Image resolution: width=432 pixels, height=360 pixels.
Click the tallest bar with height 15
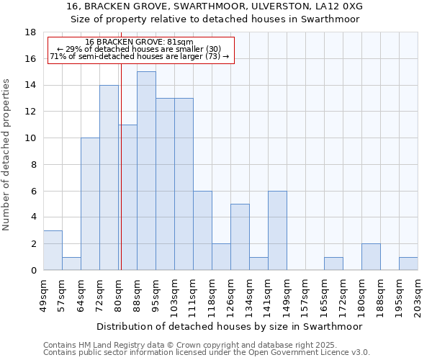click(x=146, y=171)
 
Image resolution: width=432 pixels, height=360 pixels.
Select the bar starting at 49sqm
click(x=53, y=251)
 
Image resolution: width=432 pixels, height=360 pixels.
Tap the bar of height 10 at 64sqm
click(x=90, y=204)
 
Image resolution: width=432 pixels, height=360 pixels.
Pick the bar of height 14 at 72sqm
click(x=109, y=177)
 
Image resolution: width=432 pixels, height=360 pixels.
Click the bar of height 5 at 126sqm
click(x=240, y=237)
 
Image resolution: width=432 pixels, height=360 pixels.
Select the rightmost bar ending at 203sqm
click(x=408, y=264)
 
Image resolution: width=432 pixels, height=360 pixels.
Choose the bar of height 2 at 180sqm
click(x=371, y=257)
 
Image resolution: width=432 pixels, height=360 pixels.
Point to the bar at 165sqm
click(x=333, y=264)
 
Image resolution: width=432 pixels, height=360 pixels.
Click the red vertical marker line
click(x=121, y=166)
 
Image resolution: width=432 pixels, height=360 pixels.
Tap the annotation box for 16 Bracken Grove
click(x=141, y=50)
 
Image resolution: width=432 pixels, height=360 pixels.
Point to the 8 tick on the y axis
click(x=33, y=164)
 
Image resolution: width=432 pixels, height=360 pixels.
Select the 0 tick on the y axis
click(x=33, y=270)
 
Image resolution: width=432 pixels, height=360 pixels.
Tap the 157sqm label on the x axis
click(x=306, y=294)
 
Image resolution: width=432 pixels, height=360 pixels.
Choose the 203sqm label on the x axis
click(x=418, y=294)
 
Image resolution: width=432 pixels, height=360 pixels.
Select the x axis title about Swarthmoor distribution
click(x=230, y=326)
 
